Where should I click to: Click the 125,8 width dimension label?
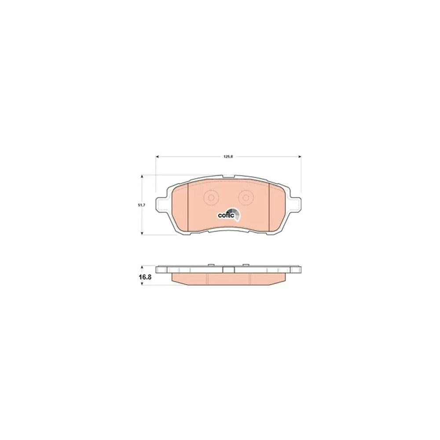(228, 157)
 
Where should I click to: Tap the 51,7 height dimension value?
(141, 205)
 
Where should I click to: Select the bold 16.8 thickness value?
(145, 277)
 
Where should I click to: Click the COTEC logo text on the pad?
(226, 216)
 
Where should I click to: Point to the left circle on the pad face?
(210, 198)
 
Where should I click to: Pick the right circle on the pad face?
(246, 198)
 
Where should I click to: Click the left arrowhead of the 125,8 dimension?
(158, 157)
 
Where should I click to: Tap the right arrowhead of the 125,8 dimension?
(299, 157)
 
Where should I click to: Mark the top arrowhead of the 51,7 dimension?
(142, 177)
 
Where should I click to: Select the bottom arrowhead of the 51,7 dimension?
(142, 233)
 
